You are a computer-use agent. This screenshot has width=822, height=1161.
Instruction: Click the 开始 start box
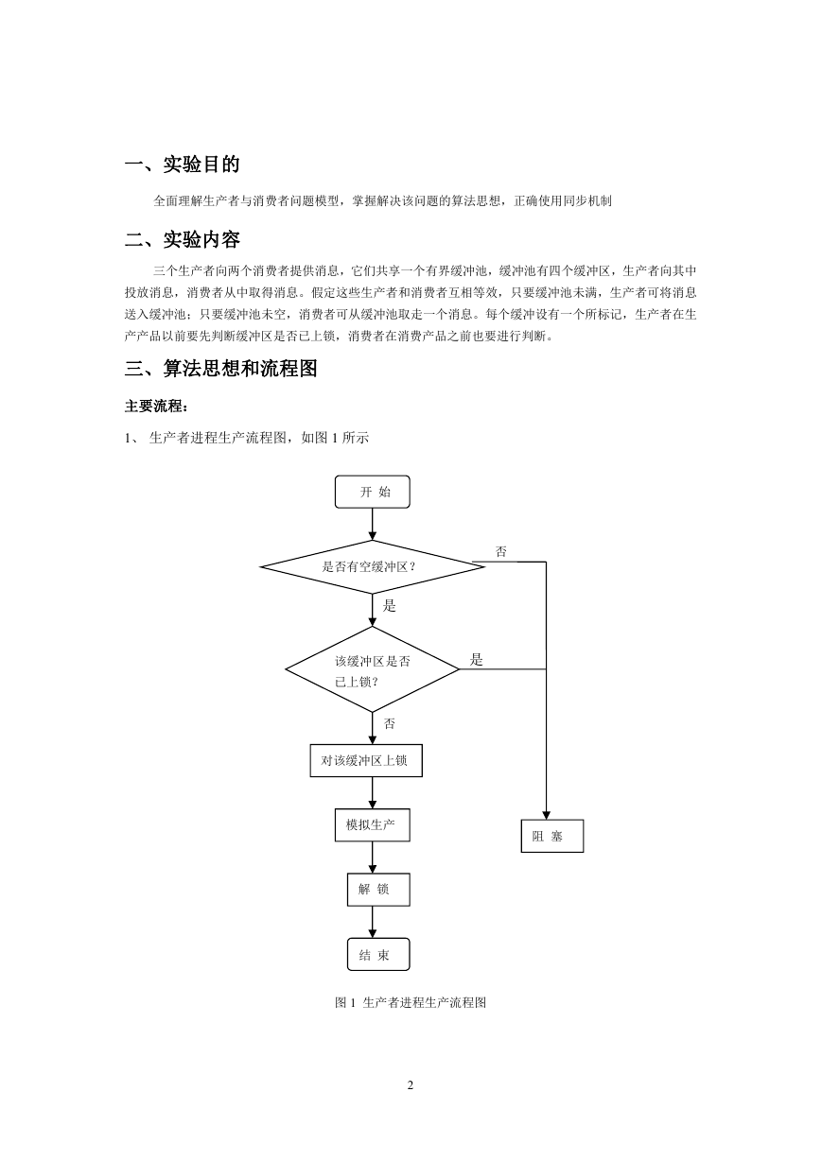point(373,492)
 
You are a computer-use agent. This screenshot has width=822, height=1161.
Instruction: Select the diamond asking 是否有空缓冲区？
point(373,566)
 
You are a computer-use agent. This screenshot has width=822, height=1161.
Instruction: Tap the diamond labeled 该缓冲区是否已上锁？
point(373,669)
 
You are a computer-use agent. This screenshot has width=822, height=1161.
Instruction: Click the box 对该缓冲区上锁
point(366,760)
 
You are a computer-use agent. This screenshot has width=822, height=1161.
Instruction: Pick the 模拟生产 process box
point(373,824)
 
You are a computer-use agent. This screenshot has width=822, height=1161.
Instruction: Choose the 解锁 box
point(378,890)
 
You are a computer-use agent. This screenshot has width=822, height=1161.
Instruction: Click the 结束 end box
point(378,954)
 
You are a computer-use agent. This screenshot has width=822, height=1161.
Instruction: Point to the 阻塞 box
point(552,836)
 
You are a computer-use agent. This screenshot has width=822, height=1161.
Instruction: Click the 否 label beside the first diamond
point(501,551)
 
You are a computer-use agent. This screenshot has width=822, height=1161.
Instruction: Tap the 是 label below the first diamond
point(389,605)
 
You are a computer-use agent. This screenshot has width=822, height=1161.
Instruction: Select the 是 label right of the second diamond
point(476,660)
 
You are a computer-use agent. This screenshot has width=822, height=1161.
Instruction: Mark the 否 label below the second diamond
point(390,723)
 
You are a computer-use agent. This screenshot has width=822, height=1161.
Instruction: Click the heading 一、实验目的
point(182,165)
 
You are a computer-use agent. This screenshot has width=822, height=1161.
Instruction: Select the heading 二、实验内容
point(182,239)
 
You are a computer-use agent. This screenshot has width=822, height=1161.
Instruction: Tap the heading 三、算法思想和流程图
point(221,369)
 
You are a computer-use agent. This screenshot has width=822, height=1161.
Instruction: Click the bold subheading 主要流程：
point(155,406)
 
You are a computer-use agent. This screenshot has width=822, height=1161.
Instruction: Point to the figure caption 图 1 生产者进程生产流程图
point(411,1002)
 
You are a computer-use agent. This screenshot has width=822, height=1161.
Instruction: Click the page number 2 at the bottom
point(411,1085)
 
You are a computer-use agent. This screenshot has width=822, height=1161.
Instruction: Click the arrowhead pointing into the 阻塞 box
point(546,816)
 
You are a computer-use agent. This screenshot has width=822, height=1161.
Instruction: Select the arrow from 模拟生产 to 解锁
point(373,858)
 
